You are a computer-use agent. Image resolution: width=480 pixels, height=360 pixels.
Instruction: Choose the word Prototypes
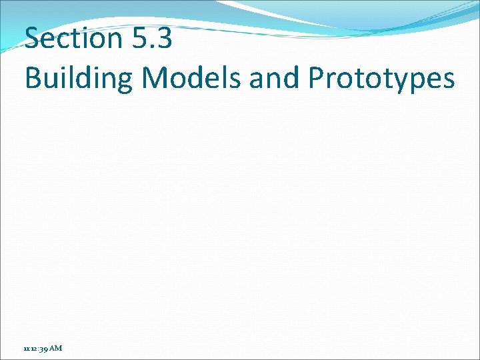381,79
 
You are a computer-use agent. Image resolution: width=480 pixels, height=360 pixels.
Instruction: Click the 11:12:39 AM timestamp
43,348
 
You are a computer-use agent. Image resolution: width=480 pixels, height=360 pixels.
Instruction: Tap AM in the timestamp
55,348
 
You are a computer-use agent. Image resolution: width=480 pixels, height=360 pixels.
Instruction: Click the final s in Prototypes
449,79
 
